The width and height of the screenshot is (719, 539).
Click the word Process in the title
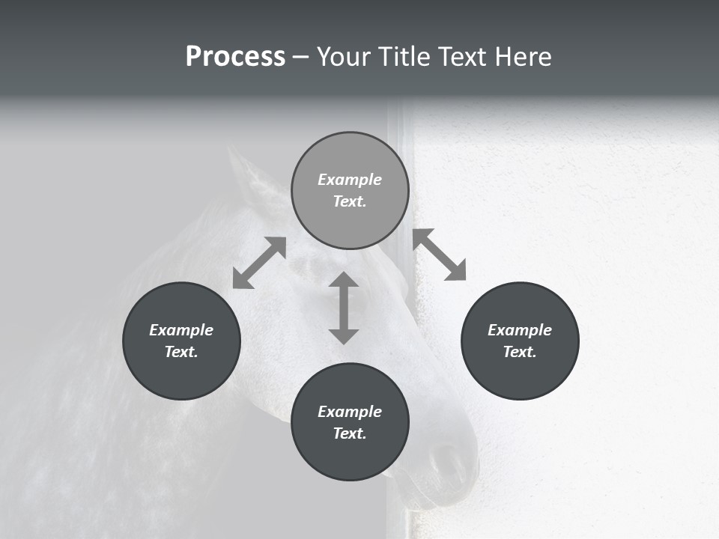point(235,57)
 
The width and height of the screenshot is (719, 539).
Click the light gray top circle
point(350,191)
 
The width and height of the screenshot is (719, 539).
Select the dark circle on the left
point(181,341)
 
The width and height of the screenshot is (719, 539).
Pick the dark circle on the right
point(520,341)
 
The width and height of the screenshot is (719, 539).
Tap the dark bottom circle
point(350,421)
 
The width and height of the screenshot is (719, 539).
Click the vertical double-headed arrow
point(344,308)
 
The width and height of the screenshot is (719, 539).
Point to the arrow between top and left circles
point(259,262)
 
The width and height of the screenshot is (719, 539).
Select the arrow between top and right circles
point(439,255)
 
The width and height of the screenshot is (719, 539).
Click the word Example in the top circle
point(350,180)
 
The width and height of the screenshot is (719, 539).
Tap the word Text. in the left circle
point(181,352)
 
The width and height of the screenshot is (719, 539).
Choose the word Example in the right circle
point(520,330)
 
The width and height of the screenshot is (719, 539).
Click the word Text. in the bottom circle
point(350,433)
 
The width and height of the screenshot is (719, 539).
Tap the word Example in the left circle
point(181,330)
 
